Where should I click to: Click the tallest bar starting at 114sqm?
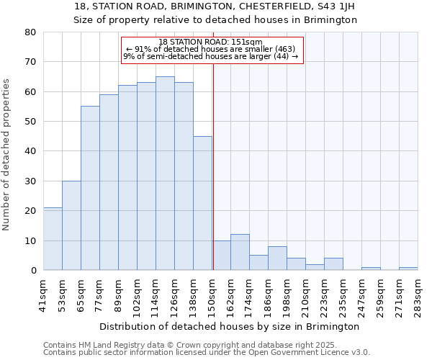165,174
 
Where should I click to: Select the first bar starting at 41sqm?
53,239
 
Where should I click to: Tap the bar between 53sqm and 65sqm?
71,225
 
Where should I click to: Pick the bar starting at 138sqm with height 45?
202,203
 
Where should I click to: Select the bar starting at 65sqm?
90,188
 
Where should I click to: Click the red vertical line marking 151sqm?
213,166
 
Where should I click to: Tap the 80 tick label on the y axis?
30,32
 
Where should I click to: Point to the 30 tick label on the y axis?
30,181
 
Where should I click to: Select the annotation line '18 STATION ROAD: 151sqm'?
211,42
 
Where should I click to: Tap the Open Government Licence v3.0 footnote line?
207,353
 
